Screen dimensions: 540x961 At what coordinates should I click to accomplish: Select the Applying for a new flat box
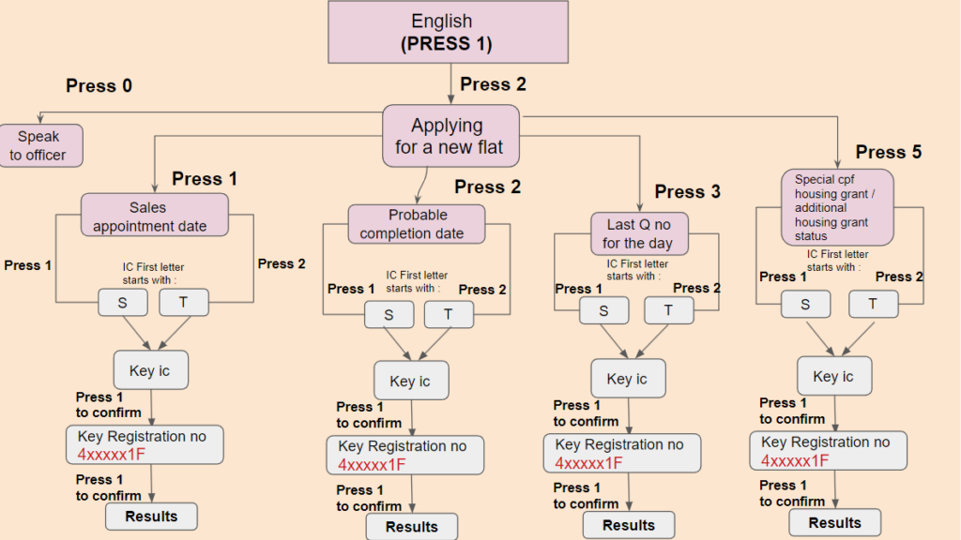pos(450,135)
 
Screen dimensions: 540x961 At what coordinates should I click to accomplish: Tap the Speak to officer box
pos(40,145)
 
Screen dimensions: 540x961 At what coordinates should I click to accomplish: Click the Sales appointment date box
pos(154,216)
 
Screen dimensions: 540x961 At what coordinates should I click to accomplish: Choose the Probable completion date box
pos(417,223)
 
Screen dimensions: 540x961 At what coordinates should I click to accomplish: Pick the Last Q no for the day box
pos(639,232)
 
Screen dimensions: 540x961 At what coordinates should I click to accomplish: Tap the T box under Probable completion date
pos(449,314)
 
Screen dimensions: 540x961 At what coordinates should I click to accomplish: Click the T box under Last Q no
pos(668,310)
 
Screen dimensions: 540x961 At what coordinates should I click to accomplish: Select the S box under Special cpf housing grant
pos(805,304)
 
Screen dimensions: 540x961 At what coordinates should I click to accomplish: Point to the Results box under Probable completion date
pos(411,527)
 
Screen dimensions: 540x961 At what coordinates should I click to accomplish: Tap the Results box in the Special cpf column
pos(834,523)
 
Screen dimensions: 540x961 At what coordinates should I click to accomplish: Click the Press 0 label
pos(99,86)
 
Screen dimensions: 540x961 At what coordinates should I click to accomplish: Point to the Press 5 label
pos(888,152)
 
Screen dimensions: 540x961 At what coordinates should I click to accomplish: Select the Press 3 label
pos(687,191)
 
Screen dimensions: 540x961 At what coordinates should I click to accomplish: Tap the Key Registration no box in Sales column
pos(144,445)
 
